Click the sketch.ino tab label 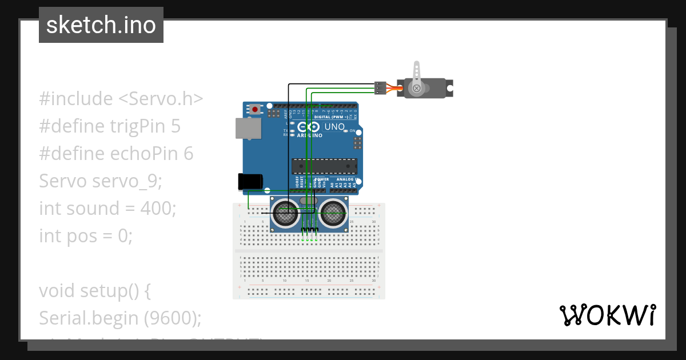pyautogui.click(x=101, y=25)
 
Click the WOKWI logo pyautogui.click(x=607, y=315)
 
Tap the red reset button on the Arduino pyautogui.click(x=254, y=109)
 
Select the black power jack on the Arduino pyautogui.click(x=250, y=181)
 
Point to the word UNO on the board pyautogui.click(x=334, y=127)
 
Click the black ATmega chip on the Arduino pyautogui.click(x=324, y=166)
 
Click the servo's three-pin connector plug pyautogui.click(x=379, y=88)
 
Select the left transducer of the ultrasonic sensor pyautogui.click(x=285, y=214)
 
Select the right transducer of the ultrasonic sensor pyautogui.click(x=332, y=215)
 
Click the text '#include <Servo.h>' pyautogui.click(x=121, y=99)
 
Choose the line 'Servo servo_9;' pyautogui.click(x=101, y=181)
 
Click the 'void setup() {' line pyautogui.click(x=95, y=290)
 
